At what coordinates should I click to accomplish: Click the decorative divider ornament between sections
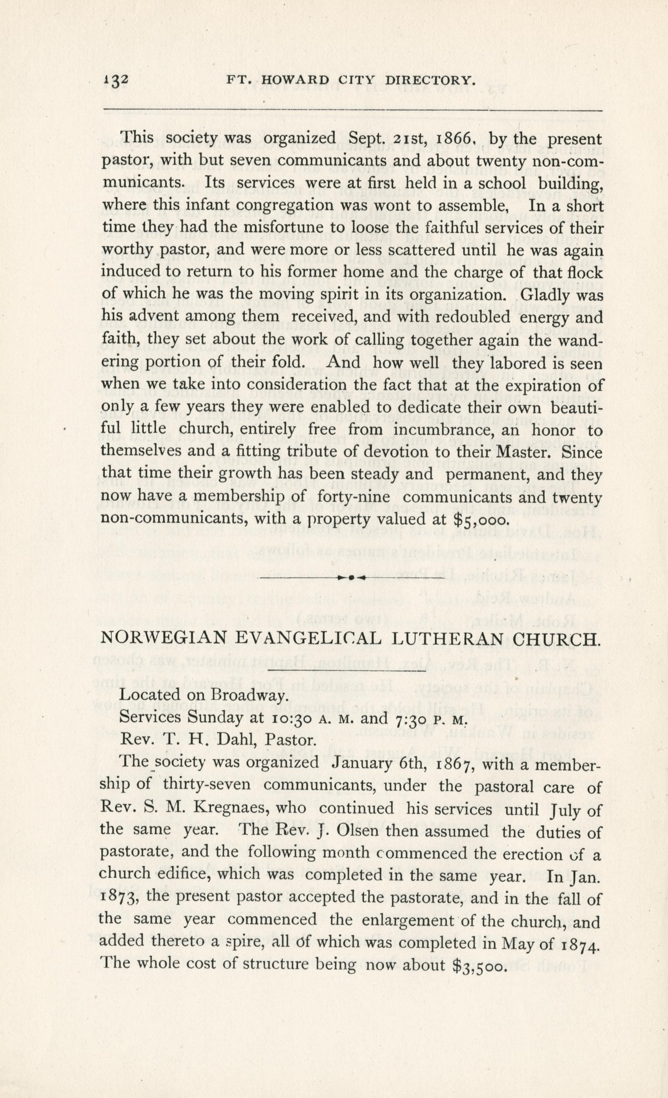(351, 577)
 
